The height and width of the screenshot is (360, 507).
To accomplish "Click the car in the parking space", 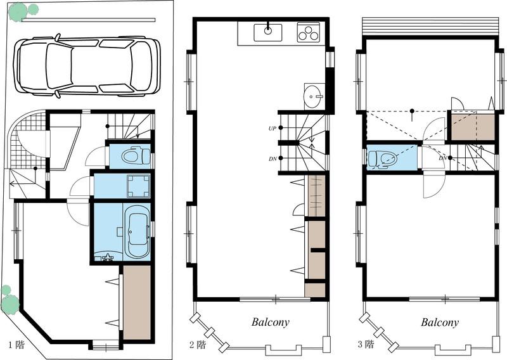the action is pyautogui.click(x=87, y=67).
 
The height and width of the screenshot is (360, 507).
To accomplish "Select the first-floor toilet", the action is pyautogui.click(x=136, y=156).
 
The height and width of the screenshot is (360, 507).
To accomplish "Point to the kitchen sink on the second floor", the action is pyautogui.click(x=267, y=33).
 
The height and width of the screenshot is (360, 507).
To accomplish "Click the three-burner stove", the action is pyautogui.click(x=308, y=33).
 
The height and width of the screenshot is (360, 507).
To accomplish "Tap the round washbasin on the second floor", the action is pyautogui.click(x=314, y=96).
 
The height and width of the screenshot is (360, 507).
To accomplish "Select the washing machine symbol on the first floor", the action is pyautogui.click(x=138, y=186).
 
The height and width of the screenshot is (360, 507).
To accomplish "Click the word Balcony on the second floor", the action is pyautogui.click(x=271, y=322).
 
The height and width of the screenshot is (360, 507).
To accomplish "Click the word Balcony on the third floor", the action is pyautogui.click(x=440, y=322).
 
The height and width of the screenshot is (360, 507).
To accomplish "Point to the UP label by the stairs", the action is pyautogui.click(x=273, y=129).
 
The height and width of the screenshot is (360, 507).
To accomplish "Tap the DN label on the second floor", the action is pyautogui.click(x=273, y=159).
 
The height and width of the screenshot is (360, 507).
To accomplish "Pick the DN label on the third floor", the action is pyautogui.click(x=442, y=158).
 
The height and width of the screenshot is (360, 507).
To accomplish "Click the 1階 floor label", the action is pyautogui.click(x=16, y=345).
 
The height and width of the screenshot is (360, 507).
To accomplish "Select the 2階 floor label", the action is pyautogui.click(x=197, y=345).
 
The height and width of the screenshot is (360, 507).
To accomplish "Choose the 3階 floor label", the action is pyautogui.click(x=366, y=344).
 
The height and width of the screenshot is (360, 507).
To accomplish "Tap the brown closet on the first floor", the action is pyautogui.click(x=137, y=302).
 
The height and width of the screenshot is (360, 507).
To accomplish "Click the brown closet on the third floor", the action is pyautogui.click(x=473, y=127).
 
